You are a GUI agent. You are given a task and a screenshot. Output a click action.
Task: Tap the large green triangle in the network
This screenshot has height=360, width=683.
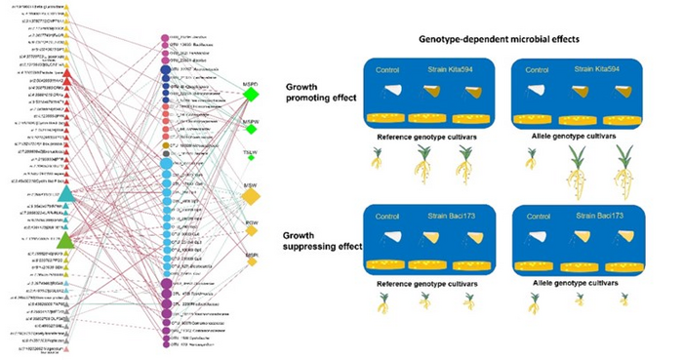pyautogui.click(x=65, y=238)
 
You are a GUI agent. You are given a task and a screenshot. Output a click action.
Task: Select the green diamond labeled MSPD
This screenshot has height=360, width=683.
pyautogui.click(x=251, y=96)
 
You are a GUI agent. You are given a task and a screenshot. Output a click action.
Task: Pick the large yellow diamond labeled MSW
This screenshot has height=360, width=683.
pyautogui.click(x=251, y=197)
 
